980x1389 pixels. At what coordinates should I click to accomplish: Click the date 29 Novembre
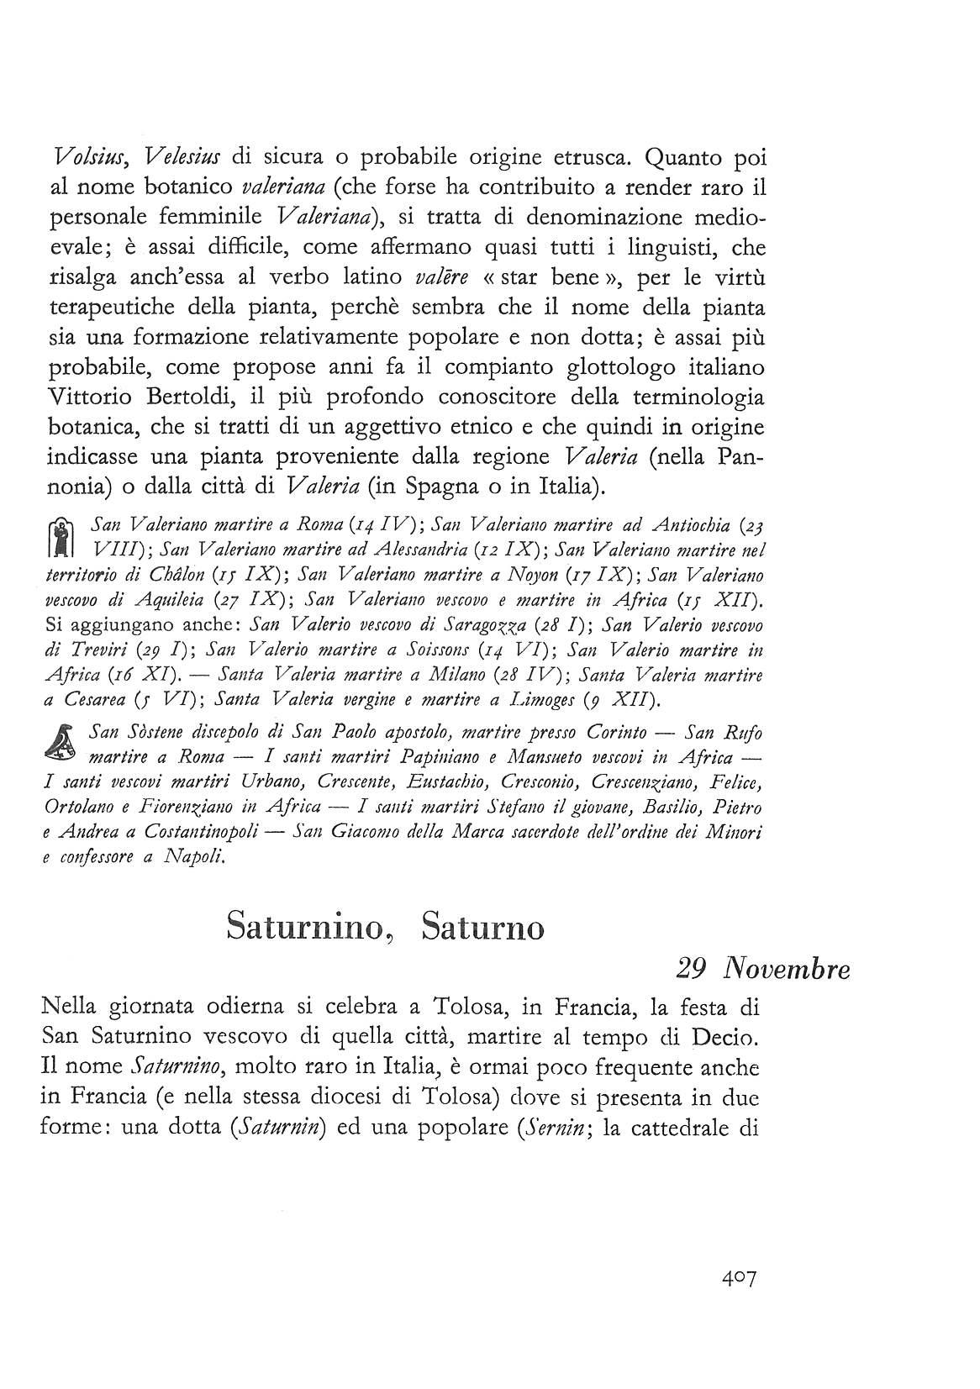762,969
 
